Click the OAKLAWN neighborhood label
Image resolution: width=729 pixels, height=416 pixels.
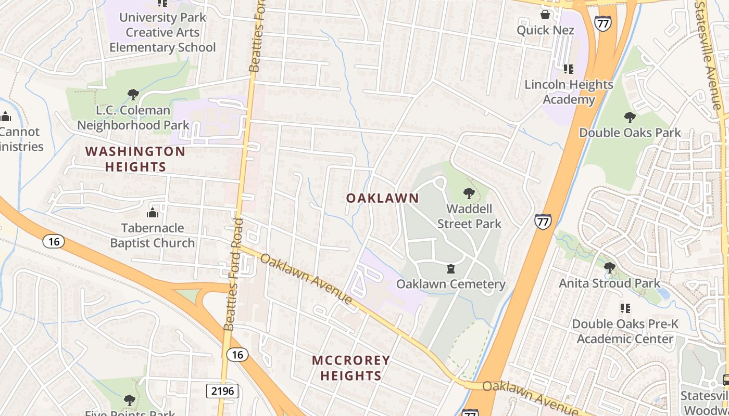click(x=382, y=198)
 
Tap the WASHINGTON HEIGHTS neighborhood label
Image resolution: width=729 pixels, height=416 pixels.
click(x=135, y=159)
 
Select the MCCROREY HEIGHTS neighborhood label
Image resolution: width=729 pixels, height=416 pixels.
click(x=351, y=368)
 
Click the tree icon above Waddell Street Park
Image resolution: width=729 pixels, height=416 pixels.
click(x=469, y=194)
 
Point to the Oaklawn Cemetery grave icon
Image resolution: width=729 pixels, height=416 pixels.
click(x=451, y=269)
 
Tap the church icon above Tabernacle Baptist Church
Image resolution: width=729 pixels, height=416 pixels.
click(x=152, y=213)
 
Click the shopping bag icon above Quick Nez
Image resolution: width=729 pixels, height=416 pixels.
click(x=545, y=15)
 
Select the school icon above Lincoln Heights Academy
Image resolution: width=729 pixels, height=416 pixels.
click(x=568, y=69)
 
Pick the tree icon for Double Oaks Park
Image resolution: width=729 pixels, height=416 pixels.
click(x=630, y=118)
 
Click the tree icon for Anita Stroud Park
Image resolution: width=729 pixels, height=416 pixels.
click(x=609, y=268)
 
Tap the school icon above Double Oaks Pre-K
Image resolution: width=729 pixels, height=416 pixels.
click(x=625, y=308)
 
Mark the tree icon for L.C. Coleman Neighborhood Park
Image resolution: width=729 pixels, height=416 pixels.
click(x=133, y=95)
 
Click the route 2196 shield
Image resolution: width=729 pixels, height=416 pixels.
click(x=222, y=391)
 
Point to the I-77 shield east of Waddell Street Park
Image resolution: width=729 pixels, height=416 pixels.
click(x=543, y=222)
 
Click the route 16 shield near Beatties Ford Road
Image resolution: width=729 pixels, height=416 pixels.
click(x=237, y=355)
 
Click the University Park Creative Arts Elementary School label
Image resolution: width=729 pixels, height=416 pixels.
click(x=162, y=32)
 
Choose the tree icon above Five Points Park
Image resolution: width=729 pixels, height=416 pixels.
click(x=129, y=400)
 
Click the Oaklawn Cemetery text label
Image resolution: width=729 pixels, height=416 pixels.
click(x=451, y=284)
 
